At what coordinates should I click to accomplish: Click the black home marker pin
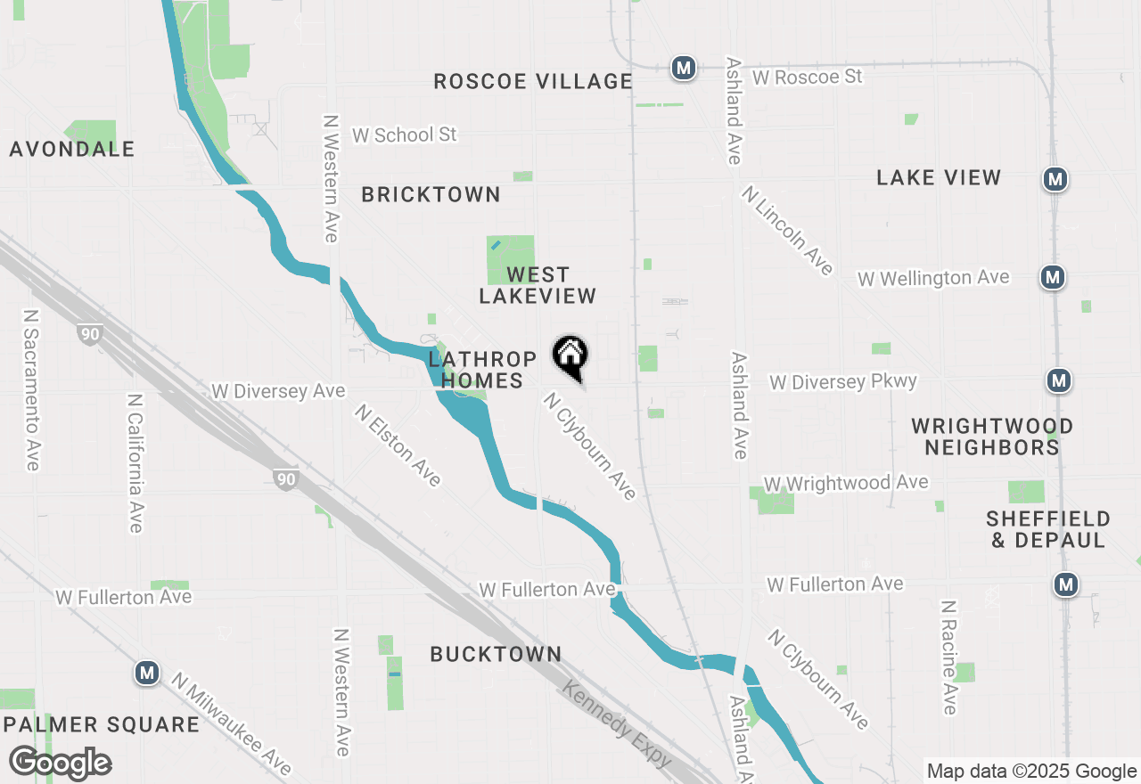570,357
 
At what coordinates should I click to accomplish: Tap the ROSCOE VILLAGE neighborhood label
533,81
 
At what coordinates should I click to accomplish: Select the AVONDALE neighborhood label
72,149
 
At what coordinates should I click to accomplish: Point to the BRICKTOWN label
431,194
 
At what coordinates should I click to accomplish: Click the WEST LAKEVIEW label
538,285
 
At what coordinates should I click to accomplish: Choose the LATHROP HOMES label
482,370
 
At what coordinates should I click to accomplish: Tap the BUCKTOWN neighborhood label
496,654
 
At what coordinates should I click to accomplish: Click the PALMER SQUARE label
101,724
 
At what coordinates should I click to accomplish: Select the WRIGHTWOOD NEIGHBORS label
991,437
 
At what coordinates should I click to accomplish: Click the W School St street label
405,135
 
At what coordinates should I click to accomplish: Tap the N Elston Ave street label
398,445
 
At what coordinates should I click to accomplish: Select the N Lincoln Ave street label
787,230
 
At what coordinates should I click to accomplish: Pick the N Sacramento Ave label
32,390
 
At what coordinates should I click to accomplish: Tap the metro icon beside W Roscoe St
684,68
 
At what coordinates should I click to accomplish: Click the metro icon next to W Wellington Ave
1053,277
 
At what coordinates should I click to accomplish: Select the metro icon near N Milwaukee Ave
147,673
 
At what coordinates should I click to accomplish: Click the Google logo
60,764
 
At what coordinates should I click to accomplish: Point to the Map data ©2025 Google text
1031,772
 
